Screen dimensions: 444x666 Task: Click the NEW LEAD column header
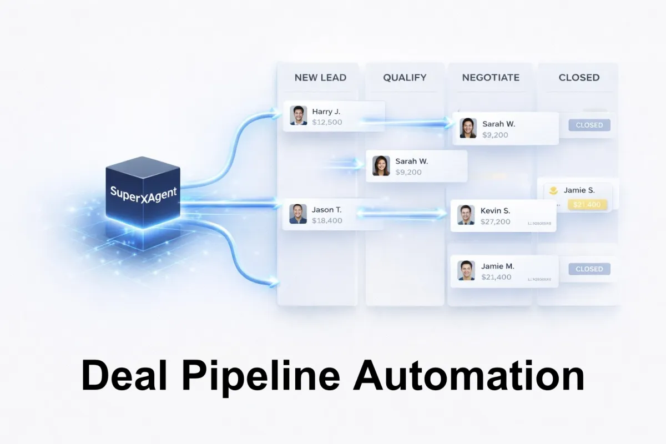[320, 78]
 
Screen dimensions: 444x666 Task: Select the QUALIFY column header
[405, 78]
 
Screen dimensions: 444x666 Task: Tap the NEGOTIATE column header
[491, 78]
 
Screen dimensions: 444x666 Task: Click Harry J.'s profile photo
[298, 115]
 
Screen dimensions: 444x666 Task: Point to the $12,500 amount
[327, 122]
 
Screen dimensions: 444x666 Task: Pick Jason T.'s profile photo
[298, 214]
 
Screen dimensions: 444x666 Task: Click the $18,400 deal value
[327, 220]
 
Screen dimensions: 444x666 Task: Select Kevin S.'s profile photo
[466, 215]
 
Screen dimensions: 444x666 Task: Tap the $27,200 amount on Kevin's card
[496, 221]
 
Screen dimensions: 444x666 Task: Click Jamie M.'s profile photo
[466, 270]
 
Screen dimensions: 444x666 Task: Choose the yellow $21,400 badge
[587, 205]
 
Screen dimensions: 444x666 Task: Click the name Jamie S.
[579, 190]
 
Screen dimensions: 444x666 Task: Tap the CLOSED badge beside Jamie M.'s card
[589, 269]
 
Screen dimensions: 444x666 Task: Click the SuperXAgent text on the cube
[144, 194]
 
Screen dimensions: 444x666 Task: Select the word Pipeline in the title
[260, 376]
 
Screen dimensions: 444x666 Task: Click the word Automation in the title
[468, 376]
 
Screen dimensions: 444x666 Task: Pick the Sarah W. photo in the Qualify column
[381, 165]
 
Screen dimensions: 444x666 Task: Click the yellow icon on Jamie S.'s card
[553, 190]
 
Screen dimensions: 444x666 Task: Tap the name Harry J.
[326, 112]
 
